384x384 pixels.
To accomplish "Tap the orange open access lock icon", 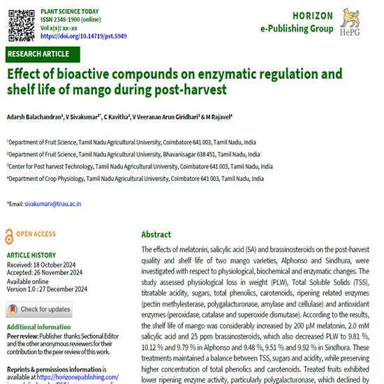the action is [8, 235].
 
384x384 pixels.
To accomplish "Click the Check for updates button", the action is [39, 309].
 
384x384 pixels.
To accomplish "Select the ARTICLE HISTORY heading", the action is [33, 256].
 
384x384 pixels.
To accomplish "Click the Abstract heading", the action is [156, 235].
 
